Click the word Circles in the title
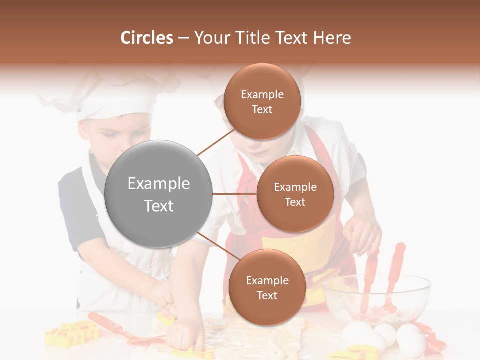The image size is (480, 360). (x=147, y=38)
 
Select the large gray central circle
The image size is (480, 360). (x=158, y=194)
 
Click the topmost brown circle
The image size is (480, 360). (x=262, y=101)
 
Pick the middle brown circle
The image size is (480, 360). (x=295, y=194)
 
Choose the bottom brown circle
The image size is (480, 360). (x=267, y=287)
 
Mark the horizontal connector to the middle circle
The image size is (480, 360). (x=234, y=194)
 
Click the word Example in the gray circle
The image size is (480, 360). (x=158, y=184)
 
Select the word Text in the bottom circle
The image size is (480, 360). (x=267, y=295)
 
